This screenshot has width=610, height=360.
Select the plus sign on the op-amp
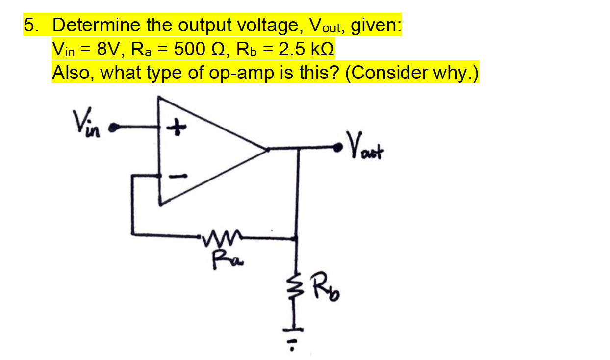point(175,128)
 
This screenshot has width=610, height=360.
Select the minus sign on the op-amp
point(175,176)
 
